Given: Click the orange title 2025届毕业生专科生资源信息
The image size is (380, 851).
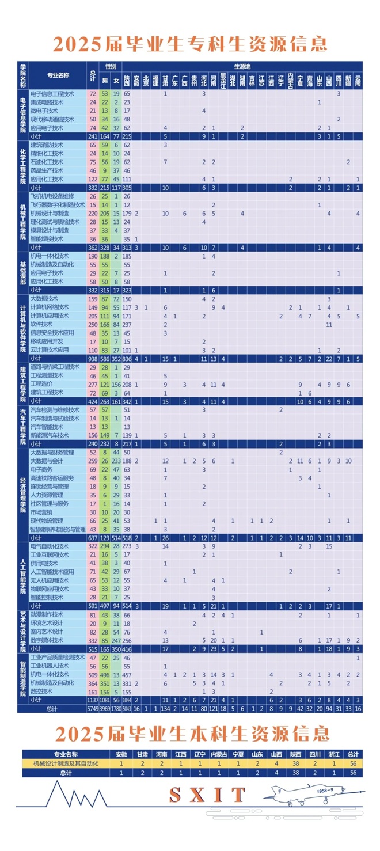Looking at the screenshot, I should tap(190, 44).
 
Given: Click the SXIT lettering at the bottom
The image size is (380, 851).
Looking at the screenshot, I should tap(207, 795).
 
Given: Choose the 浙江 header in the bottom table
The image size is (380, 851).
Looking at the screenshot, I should tap(335, 754).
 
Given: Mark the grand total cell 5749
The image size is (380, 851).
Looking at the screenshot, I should tap(93, 709).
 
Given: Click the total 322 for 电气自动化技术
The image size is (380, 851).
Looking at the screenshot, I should tap(93, 546).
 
